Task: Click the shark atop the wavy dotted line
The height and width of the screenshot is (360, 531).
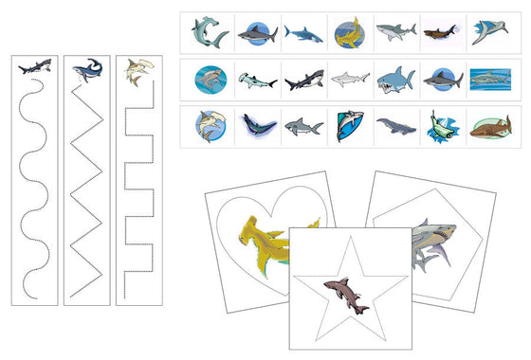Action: (x=34, y=68)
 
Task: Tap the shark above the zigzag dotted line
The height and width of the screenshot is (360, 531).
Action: (x=86, y=68)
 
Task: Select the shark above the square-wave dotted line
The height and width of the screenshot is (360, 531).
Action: (x=139, y=68)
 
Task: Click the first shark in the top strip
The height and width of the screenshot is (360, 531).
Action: (x=209, y=33)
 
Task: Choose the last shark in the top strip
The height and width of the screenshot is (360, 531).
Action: (x=489, y=33)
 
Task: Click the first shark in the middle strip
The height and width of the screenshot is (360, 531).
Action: (x=209, y=80)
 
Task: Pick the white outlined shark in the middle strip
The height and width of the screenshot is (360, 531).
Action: (x=349, y=80)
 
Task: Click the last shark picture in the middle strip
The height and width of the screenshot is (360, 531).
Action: (x=489, y=80)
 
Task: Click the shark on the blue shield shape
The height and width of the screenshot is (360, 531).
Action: (x=349, y=126)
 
